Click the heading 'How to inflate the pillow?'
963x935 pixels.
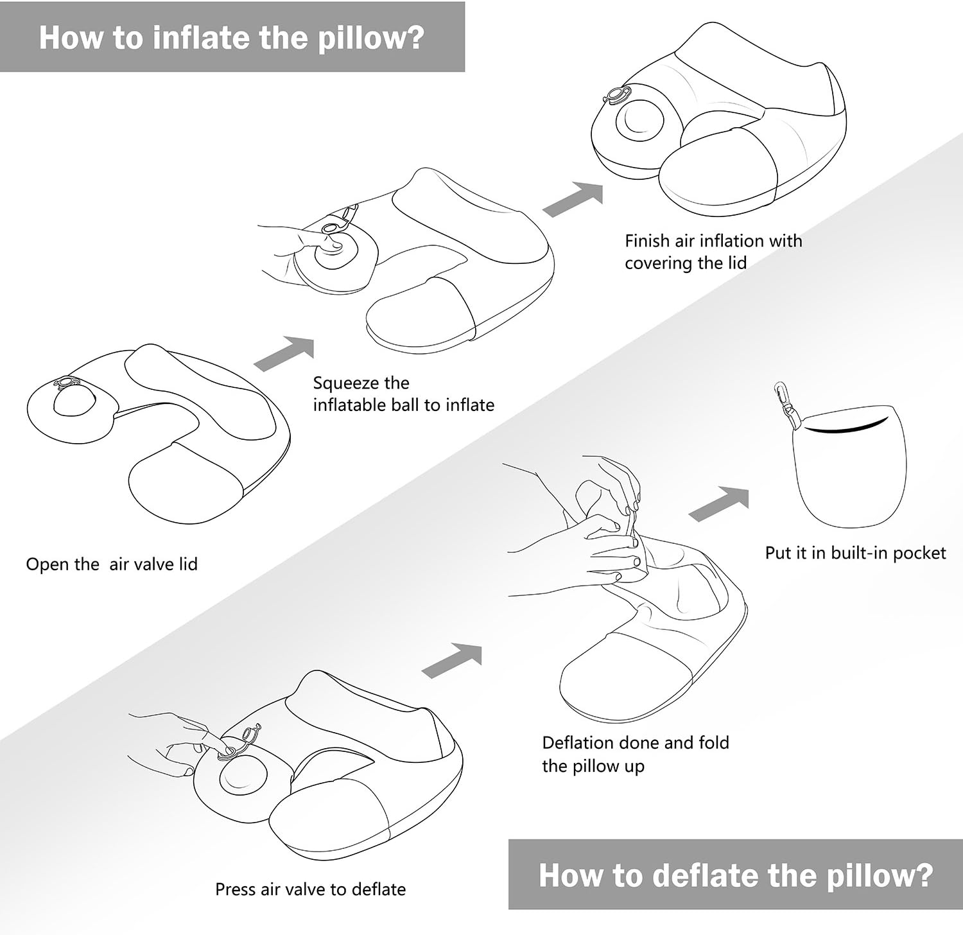232,37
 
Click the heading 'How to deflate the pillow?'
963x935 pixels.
736,875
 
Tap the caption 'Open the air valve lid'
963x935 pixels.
112,564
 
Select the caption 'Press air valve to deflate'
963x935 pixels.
310,889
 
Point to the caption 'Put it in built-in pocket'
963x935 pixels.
855,553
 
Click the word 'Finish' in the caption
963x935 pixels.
647,241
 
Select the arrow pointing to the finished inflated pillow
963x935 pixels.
574,197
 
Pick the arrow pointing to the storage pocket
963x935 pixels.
719,503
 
